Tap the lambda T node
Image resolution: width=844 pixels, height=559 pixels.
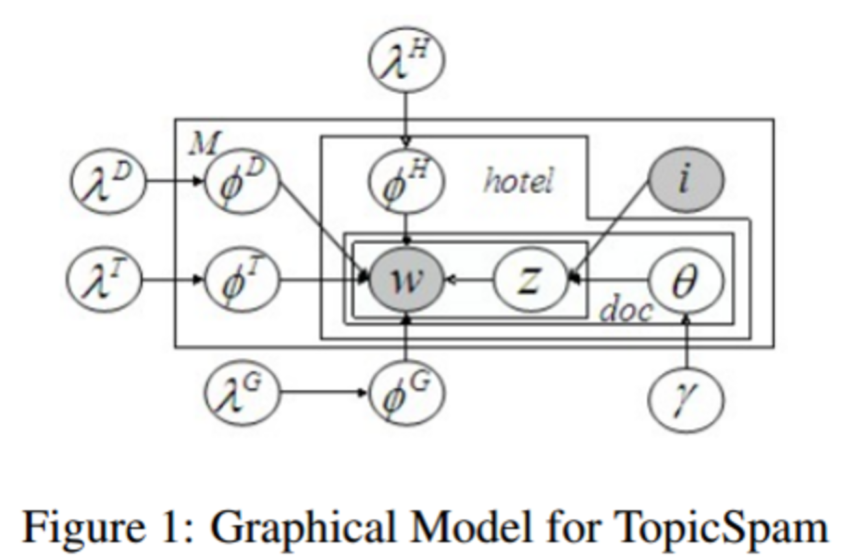(104, 280)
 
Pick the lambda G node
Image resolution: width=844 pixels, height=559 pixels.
(242, 392)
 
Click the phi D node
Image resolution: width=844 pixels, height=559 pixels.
(242, 181)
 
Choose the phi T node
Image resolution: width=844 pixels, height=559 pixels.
(242, 280)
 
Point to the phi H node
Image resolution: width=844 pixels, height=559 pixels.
(406, 181)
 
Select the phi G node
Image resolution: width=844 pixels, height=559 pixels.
(406, 392)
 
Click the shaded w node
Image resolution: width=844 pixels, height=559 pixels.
(406, 280)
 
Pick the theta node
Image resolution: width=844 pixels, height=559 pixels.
(686, 280)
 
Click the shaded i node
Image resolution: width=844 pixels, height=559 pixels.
(686, 181)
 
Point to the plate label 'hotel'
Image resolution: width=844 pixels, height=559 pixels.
(517, 181)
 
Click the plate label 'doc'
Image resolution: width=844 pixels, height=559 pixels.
(625, 310)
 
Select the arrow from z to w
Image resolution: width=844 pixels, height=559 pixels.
(469, 280)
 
